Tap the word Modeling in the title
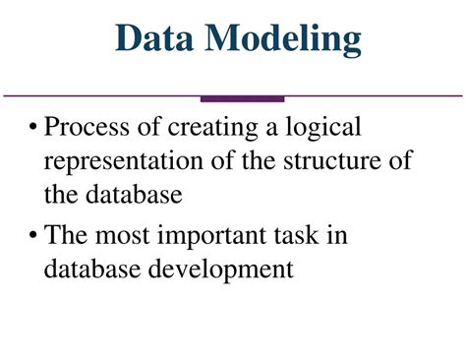tap(284, 41)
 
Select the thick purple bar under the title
tap(242, 98)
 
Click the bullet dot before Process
tap(34, 128)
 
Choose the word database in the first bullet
tap(129, 194)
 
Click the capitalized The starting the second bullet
tap(68, 236)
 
